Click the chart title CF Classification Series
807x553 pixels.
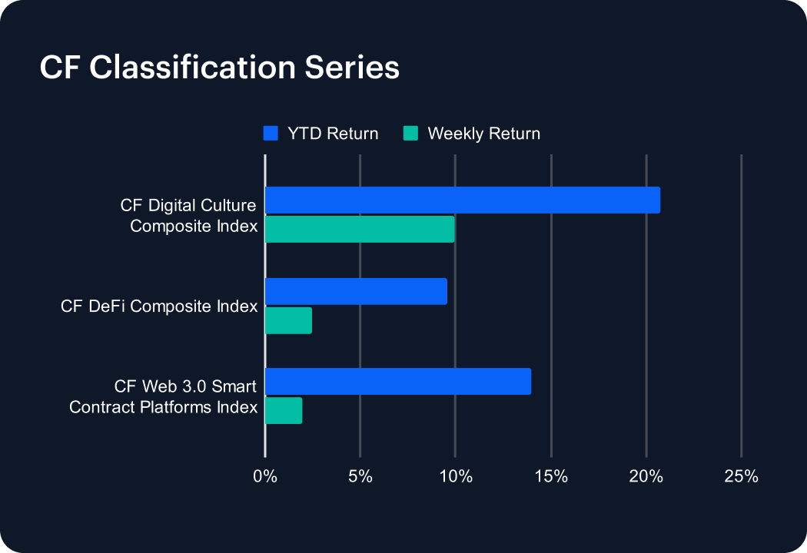[219, 68]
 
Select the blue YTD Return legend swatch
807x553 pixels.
[271, 133]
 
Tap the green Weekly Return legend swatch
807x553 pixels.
[410, 133]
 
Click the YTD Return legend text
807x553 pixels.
[333, 134]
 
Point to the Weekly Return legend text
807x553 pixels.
[483, 134]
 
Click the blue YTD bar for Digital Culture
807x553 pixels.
[463, 200]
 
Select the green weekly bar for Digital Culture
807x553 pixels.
[360, 230]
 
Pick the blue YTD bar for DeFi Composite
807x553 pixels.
[356, 291]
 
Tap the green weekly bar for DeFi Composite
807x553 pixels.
[288, 320]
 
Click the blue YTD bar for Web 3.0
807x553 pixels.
[398, 381]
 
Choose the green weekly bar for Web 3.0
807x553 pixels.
[284, 410]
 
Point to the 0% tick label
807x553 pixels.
[265, 476]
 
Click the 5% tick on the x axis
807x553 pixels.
[360, 476]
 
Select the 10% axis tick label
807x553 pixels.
[456, 476]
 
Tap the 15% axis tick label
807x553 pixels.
[551, 476]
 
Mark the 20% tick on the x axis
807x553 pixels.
[646, 476]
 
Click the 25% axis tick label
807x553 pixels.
[741, 476]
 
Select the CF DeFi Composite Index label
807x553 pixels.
[159, 306]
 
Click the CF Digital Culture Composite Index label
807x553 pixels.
[189, 216]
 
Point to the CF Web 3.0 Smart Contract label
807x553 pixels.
[164, 396]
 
